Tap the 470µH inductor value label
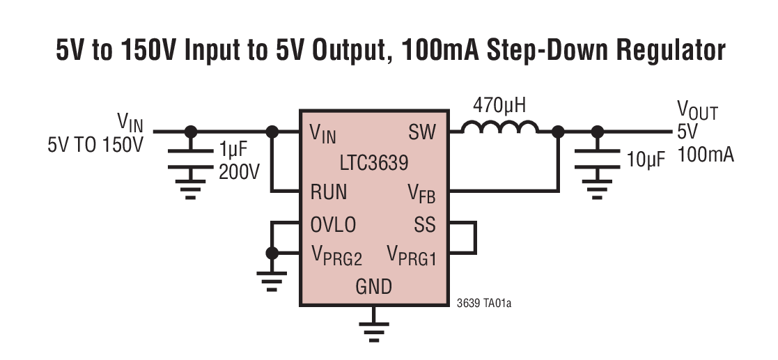click(499, 106)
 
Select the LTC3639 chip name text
click(374, 164)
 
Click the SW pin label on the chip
click(422, 132)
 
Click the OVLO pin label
click(332, 225)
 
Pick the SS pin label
click(424, 225)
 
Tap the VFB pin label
click(421, 193)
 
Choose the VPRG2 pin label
click(336, 256)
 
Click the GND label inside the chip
click(373, 286)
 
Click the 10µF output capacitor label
click(646, 159)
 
